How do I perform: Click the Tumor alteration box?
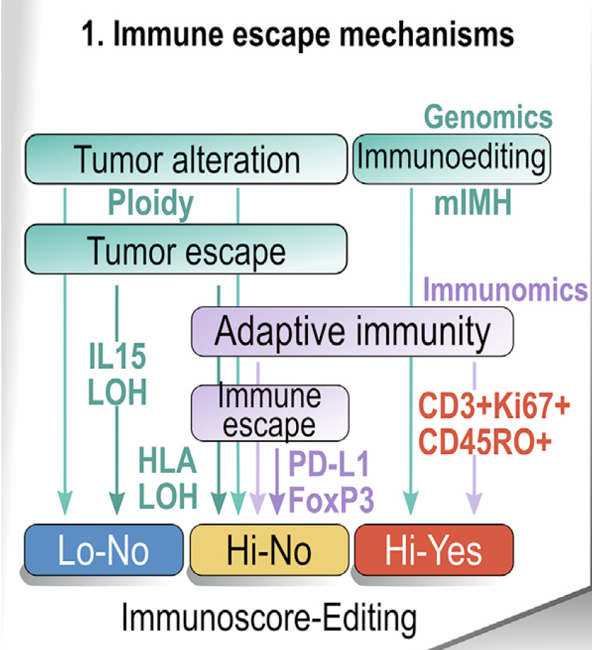click(x=186, y=159)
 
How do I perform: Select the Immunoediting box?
click(x=452, y=159)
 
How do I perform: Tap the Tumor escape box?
click(x=186, y=249)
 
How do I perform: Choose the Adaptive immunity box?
click(x=352, y=332)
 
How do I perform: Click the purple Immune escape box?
click(x=270, y=413)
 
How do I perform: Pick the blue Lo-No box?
click(x=104, y=550)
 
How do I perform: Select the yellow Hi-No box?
click(x=269, y=550)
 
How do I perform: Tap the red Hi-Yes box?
click(x=434, y=550)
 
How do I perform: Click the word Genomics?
click(x=488, y=117)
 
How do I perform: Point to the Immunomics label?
click(x=505, y=289)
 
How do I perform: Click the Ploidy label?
click(x=151, y=203)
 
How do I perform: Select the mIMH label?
click(x=472, y=202)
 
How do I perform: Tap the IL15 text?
click(x=117, y=356)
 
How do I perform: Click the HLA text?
click(x=167, y=460)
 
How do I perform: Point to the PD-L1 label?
click(x=329, y=464)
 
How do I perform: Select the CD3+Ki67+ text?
click(x=494, y=405)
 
